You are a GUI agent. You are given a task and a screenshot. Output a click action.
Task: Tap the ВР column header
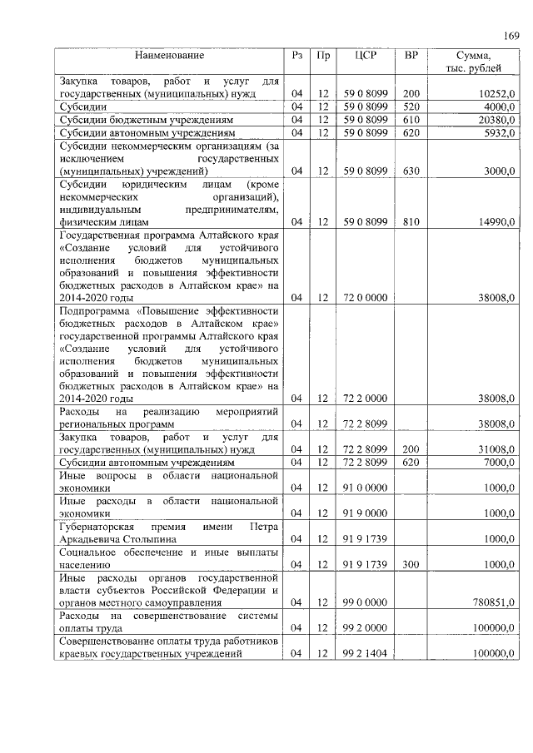(411, 56)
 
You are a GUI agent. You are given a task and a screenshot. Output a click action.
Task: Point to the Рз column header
(296, 56)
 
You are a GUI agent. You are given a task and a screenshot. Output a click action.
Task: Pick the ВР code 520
(411, 107)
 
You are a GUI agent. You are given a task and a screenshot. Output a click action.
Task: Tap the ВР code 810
(411, 222)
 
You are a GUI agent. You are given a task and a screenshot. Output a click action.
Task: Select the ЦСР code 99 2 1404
(366, 653)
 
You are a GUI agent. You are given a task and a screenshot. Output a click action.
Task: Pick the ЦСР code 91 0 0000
(366, 488)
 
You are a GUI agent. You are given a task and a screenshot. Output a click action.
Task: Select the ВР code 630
(411, 171)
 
